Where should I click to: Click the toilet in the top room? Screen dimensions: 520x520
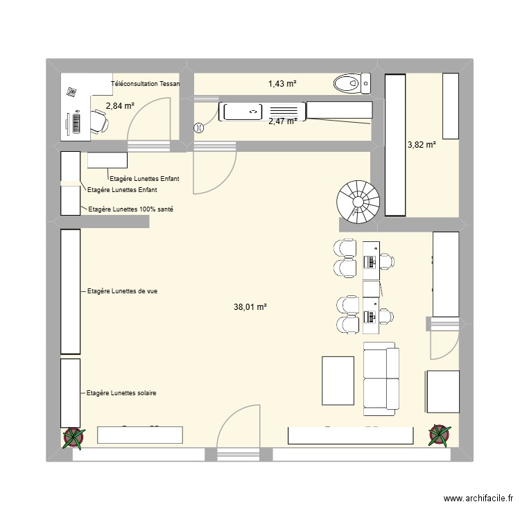pos(351,84)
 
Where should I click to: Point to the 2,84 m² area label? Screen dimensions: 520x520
pos(119,106)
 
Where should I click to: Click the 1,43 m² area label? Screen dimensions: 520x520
pos(282,84)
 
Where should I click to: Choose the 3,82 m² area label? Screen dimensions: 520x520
pos(421,145)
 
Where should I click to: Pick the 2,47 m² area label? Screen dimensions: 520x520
pos(282,121)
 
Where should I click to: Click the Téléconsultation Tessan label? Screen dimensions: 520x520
pos(145,84)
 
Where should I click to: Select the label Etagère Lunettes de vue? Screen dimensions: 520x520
pos(122,291)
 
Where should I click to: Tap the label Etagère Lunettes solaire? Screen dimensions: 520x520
pos(121,393)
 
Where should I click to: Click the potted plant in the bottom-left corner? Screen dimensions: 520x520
pos(73,437)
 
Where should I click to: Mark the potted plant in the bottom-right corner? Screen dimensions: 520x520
pos(439,435)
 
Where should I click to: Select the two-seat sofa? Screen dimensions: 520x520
pos(381,378)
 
